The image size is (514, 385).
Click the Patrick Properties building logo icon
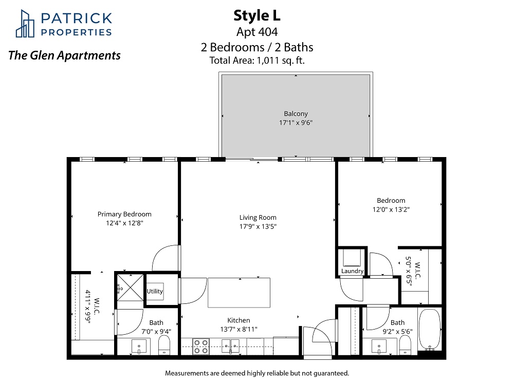(25, 24)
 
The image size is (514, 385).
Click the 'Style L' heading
(257, 16)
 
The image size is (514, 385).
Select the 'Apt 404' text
(257, 32)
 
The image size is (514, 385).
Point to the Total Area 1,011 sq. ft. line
(257, 61)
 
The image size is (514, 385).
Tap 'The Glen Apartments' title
(65, 55)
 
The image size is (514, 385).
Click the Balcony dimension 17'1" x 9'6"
(296, 123)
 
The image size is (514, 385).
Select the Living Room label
(258, 217)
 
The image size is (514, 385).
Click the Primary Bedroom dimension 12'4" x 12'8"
(124, 223)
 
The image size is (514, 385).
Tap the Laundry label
(353, 271)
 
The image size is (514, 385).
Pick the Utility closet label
(155, 292)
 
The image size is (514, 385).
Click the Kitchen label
(238, 320)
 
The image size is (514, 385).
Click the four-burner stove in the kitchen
(201, 346)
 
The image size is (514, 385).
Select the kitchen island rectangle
(239, 293)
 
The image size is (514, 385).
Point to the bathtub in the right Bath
(430, 329)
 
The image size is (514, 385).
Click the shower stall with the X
(131, 288)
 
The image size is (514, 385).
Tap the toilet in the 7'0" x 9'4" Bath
(164, 345)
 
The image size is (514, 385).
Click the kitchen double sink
(230, 346)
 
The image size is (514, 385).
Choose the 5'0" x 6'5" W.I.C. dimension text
(409, 271)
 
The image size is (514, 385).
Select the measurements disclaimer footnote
(257, 373)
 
